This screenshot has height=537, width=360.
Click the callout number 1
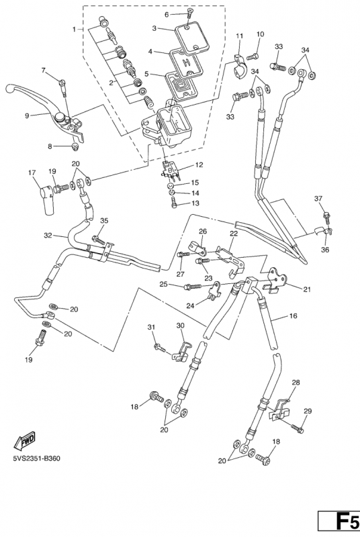pyautogui.click(x=74, y=30)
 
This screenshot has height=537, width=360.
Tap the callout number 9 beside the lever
pyautogui.click(x=27, y=115)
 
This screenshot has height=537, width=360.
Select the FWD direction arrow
pyautogui.click(x=24, y=441)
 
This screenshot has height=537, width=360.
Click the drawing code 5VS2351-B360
pyautogui.click(x=37, y=458)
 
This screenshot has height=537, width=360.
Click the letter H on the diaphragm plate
pyautogui.click(x=186, y=62)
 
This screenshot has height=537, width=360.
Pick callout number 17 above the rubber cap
pyautogui.click(x=32, y=173)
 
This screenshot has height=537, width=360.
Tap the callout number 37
pyautogui.click(x=318, y=199)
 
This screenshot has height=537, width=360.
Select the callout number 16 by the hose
pyautogui.click(x=294, y=315)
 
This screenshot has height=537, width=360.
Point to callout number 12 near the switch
pyautogui.click(x=199, y=165)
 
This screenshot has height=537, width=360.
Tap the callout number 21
pyautogui.click(x=307, y=290)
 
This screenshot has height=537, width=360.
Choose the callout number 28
pyautogui.click(x=296, y=383)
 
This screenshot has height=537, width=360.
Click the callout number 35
pyautogui.click(x=104, y=221)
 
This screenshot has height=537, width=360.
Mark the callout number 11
pyautogui.click(x=239, y=36)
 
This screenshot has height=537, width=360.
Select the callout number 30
pyautogui.click(x=181, y=326)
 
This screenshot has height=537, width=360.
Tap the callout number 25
pyautogui.click(x=163, y=284)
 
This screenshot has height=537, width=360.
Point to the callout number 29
pyautogui.click(x=308, y=411)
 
